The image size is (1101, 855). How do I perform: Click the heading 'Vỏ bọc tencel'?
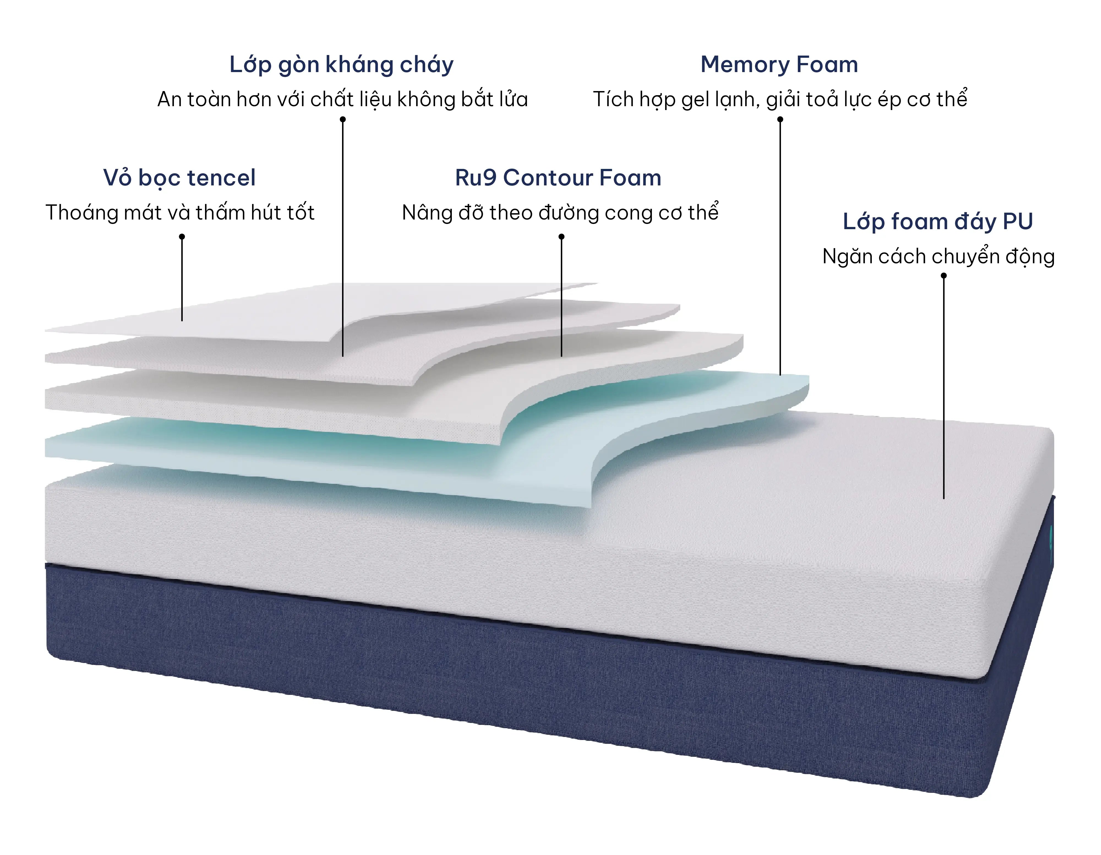tap(179, 178)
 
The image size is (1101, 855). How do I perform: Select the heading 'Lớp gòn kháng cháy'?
tap(341, 65)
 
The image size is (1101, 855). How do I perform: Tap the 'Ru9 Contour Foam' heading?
tap(558, 178)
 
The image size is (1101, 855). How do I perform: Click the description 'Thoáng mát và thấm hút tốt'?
tap(180, 213)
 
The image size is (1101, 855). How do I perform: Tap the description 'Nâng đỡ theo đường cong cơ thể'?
tap(560, 213)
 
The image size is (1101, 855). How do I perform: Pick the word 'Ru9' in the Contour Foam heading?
tap(476, 178)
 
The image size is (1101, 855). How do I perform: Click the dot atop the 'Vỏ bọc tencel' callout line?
tap(182, 236)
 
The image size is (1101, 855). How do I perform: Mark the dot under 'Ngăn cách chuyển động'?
tap(944, 276)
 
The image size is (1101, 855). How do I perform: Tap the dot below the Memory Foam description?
tap(780, 119)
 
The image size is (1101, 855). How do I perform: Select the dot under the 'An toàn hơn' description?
tap(343, 119)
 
